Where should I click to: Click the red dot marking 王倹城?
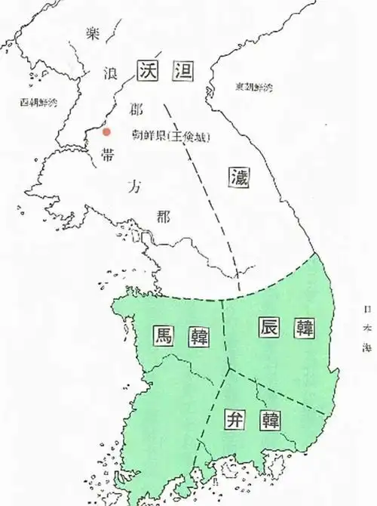[106, 131]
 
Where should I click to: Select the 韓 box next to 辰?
[304, 327]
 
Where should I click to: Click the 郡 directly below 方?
[162, 216]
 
